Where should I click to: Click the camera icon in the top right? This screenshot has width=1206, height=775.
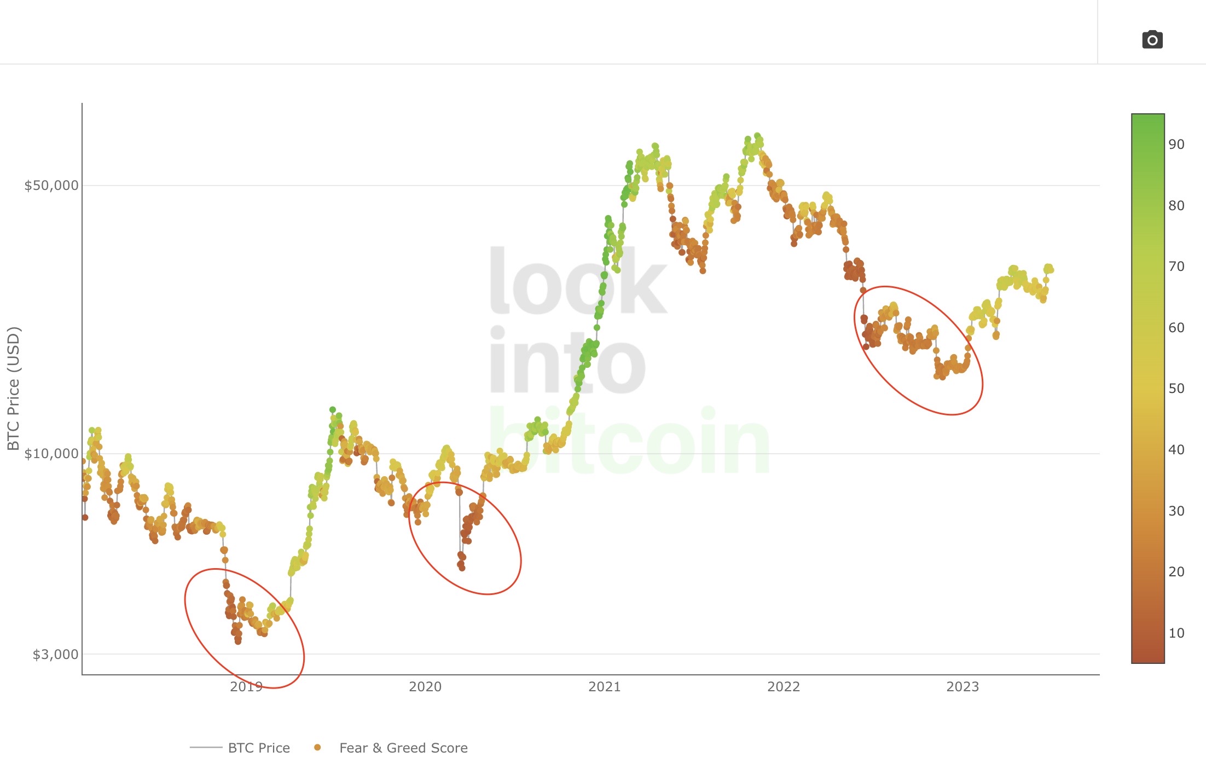point(1152,40)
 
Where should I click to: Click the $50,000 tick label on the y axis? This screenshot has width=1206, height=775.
point(51,186)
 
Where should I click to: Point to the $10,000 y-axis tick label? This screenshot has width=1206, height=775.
point(51,454)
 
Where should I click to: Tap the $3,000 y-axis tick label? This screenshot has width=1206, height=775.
point(55,655)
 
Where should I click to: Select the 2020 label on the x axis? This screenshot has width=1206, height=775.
point(425,687)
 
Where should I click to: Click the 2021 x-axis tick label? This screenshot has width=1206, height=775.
point(605,687)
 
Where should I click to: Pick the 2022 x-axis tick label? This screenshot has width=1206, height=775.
point(784,687)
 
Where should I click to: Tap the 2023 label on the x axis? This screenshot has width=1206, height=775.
point(963,687)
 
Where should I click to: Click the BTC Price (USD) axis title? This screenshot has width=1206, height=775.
point(14,389)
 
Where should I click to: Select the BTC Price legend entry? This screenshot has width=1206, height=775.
point(259,748)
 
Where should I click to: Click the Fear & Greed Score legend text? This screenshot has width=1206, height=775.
point(403,748)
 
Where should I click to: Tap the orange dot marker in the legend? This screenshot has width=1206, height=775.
point(317,748)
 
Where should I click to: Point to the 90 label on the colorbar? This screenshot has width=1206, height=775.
point(1176,144)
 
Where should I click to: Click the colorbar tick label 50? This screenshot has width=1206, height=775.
point(1176,389)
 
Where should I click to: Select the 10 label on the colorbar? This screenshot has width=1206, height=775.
point(1176,633)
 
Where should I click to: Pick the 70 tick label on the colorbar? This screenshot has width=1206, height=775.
point(1176,267)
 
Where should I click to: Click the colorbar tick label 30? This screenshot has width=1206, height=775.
point(1176,511)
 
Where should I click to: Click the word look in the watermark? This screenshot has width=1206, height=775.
point(577,282)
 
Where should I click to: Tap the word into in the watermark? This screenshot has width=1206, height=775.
point(566,361)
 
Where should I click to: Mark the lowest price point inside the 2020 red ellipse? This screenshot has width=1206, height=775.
point(462,568)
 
